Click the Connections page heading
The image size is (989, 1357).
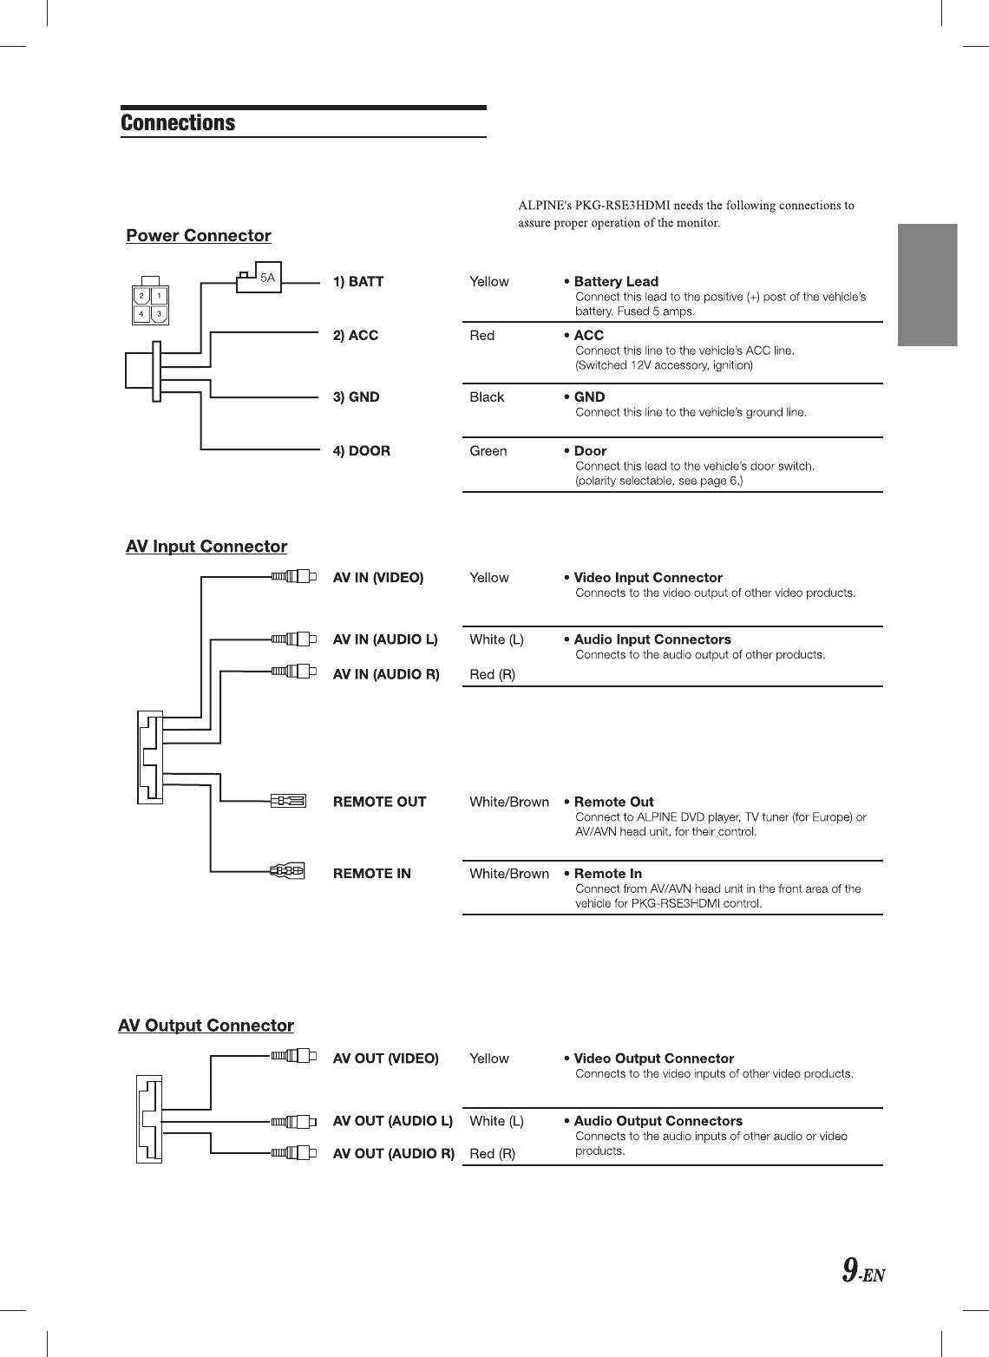pos(178,123)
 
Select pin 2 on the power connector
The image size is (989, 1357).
pos(141,296)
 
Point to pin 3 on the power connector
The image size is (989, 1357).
pos(159,313)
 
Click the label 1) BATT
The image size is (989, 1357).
pos(358,282)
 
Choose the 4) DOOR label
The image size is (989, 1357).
pos(362,451)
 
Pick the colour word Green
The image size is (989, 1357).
pos(488,451)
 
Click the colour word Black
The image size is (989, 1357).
pos(487,397)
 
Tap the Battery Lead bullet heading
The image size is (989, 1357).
pos(615,282)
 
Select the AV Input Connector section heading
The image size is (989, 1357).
pos(206,547)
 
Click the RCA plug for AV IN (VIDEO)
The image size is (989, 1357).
pos(294,576)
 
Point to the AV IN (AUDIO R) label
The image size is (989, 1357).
pos(386,675)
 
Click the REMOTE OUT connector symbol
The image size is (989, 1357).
pos(288,800)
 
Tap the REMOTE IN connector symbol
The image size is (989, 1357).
pos(287,870)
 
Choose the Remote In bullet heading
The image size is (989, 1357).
pos(607,874)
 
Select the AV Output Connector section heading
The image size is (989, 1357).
pos(206,1026)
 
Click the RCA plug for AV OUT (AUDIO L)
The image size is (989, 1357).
pos(294,1121)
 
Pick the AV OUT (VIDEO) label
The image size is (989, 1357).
pos(386,1059)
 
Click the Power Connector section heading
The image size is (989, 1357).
pos(199,236)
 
